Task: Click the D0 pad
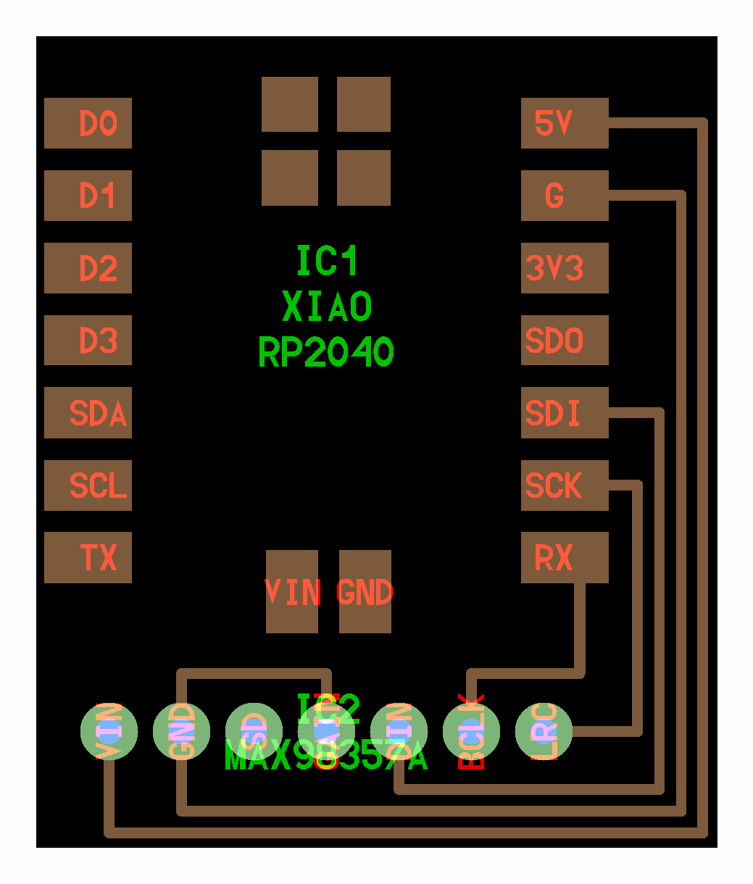[x=88, y=123]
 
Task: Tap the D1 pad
[x=88, y=196]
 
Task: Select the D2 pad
[x=88, y=268]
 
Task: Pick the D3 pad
[x=88, y=341]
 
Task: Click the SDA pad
[x=88, y=413]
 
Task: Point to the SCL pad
[x=88, y=485]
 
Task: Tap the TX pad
[x=88, y=558]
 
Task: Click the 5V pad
[x=565, y=123]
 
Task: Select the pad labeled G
[x=565, y=196]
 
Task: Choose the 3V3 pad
[x=565, y=268]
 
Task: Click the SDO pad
[x=565, y=341]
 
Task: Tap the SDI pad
[x=565, y=413]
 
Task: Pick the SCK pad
[x=565, y=485]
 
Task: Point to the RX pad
[x=565, y=558]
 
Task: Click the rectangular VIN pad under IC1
[x=292, y=592]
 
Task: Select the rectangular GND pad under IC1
[x=365, y=592]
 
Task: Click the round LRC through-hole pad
[x=544, y=731]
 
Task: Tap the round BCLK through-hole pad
[x=471, y=731]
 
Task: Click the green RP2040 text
[x=326, y=353]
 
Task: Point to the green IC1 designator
[x=328, y=261]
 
